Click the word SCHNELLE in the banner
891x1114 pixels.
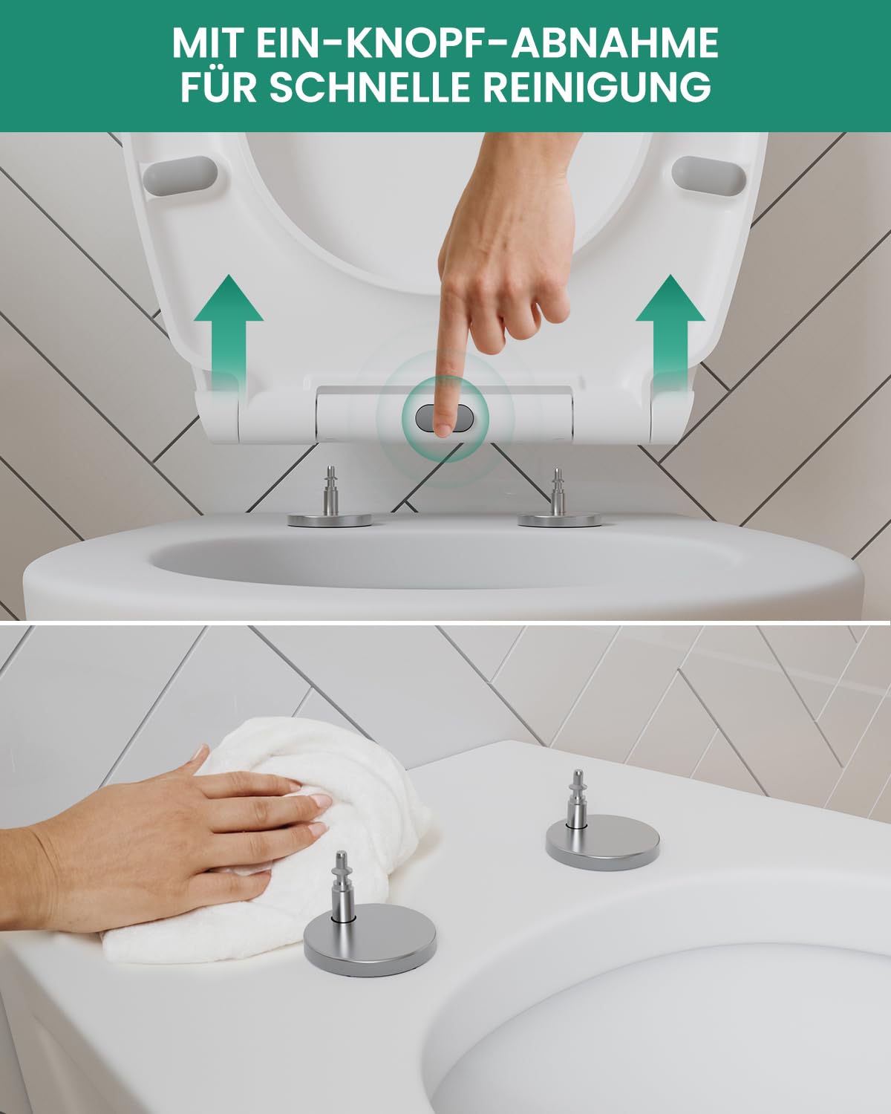[x=369, y=86]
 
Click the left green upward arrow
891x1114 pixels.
[x=228, y=331]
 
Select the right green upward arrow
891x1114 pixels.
[x=670, y=331]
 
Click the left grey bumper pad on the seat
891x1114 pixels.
[x=180, y=176]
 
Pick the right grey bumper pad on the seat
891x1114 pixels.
[x=709, y=176]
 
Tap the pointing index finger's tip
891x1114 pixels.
[x=443, y=431]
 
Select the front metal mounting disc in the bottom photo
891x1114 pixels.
[x=370, y=932]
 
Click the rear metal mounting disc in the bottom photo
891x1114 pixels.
[x=603, y=839]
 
